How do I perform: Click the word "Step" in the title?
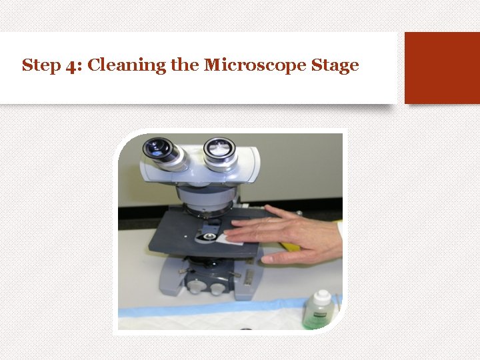pyautogui.click(x=37, y=65)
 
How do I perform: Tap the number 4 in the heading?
pyautogui.click(x=71, y=66)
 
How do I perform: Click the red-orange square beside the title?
pyautogui.click(x=441, y=67)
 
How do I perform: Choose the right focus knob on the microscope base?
pyautogui.click(x=218, y=288)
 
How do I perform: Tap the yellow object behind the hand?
pyautogui.click(x=288, y=245)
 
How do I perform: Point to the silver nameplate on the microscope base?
pyautogui.click(x=249, y=275)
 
